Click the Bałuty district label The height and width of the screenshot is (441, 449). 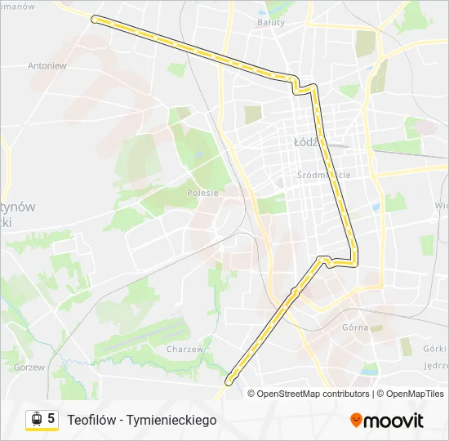point(271,22)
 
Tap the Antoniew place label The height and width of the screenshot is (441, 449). point(47,65)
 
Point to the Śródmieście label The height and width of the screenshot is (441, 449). point(323,175)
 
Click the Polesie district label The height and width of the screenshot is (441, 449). point(202,193)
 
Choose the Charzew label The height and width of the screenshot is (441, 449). point(184,349)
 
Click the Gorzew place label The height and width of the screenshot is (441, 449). point(29,367)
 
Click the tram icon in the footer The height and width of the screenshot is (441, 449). point(36,419)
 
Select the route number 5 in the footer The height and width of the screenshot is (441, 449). point(51,419)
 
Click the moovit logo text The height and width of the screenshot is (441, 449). point(393,421)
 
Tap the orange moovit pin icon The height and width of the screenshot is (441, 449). point(356,421)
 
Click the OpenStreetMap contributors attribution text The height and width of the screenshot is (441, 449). point(313,394)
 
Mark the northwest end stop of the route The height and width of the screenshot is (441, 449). point(95,18)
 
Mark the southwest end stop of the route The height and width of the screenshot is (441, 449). point(230,380)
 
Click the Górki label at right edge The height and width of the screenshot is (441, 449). point(436,347)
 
